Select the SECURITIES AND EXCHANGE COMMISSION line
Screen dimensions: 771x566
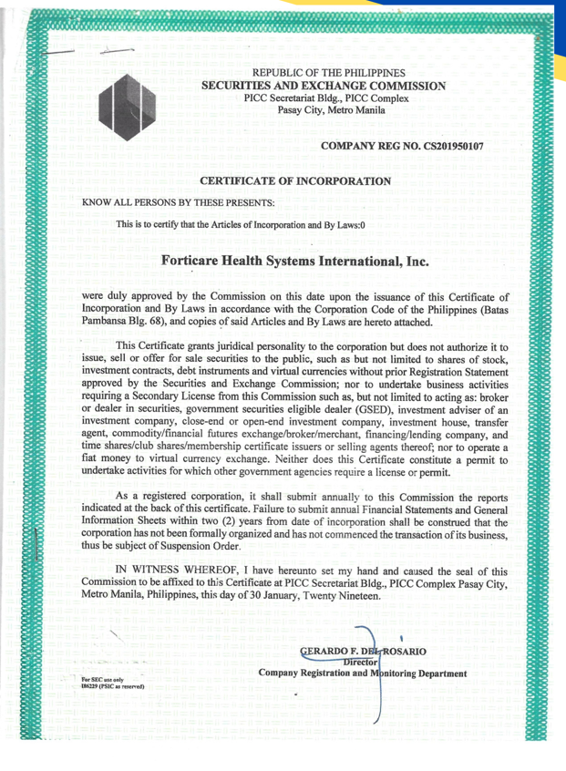(x=328, y=86)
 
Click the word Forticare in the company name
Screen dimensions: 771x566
(x=200, y=261)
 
